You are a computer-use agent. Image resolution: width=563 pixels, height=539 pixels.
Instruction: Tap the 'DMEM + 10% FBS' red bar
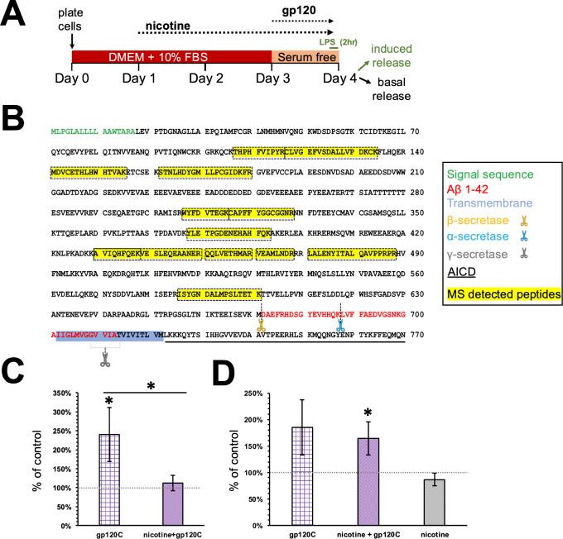(172, 56)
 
